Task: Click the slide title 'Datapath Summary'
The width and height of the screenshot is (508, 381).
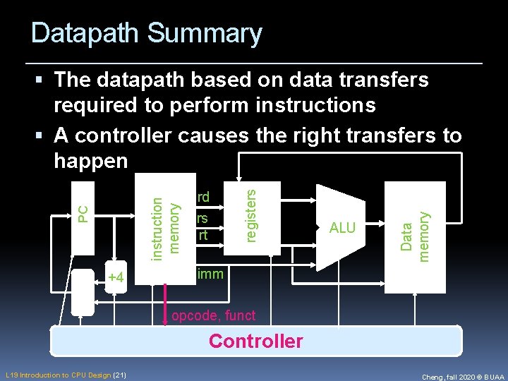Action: click(146, 33)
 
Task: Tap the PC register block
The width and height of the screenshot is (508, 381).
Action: click(83, 212)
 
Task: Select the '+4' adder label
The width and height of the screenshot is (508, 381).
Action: click(116, 278)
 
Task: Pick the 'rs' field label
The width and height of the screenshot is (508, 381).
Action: click(202, 219)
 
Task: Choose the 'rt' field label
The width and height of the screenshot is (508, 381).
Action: click(203, 235)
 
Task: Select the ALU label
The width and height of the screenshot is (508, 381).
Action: click(343, 228)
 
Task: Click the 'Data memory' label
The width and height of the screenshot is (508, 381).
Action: click(415, 236)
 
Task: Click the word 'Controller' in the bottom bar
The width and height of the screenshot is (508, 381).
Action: click(255, 341)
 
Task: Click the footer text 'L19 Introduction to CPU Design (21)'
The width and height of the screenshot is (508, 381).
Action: click(66, 375)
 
